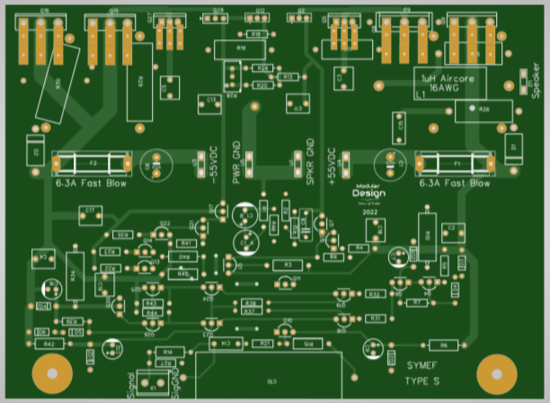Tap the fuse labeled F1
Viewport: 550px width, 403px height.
pos(455,165)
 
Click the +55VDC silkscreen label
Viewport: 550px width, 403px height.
pos(333,166)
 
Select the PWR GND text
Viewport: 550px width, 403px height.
pos(237,162)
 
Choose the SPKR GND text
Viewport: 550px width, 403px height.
pos(310,162)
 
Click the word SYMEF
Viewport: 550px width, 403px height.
pos(423,366)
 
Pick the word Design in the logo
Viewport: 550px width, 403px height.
pos(368,193)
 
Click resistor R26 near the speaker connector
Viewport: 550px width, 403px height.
pos(483,110)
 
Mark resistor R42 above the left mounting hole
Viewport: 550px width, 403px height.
pos(49,344)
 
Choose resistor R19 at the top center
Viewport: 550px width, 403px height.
pos(240,48)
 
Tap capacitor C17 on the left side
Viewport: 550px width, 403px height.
pos(89,211)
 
